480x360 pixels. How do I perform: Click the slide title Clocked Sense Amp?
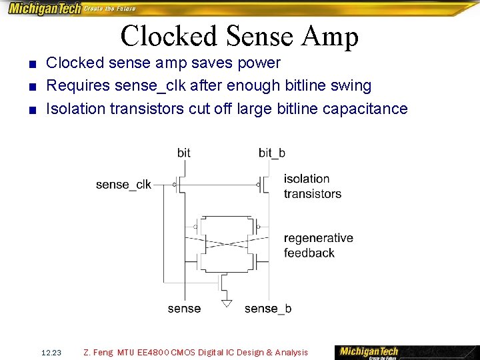(x=239, y=36)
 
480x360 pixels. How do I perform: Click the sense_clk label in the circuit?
(x=123, y=185)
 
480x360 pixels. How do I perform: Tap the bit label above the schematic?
(x=184, y=153)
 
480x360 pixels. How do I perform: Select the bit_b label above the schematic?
(x=272, y=153)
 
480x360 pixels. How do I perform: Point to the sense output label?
(x=184, y=309)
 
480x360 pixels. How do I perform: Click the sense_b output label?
(x=268, y=309)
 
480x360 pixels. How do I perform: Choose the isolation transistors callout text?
(x=312, y=186)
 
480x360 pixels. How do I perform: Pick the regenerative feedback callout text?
(x=318, y=245)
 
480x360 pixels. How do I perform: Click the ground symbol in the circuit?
(x=227, y=303)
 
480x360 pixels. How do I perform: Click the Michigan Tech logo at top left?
(x=44, y=9)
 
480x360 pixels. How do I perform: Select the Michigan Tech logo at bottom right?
(x=369, y=351)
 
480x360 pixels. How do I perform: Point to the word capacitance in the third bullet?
(x=365, y=109)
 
